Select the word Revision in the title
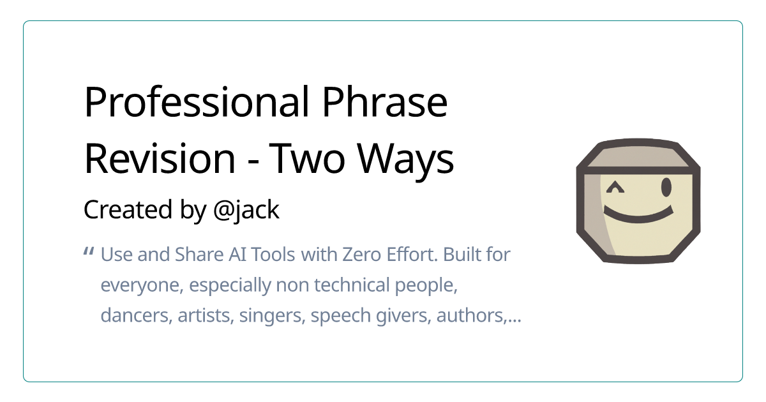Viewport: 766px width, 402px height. coord(160,159)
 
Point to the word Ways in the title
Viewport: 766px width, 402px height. coord(405,159)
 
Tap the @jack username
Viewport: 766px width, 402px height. coord(246,210)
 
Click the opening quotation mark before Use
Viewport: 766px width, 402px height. coord(89,253)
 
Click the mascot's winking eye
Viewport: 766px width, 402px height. coord(614,188)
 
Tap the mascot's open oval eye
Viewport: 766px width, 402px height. coord(666,187)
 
